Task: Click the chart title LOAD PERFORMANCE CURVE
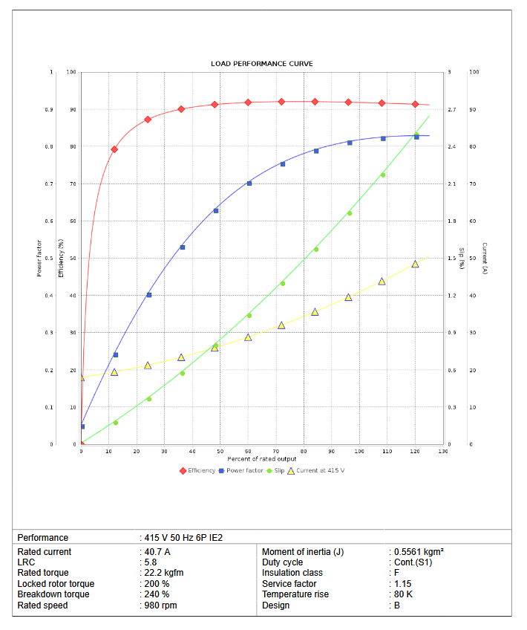pyautogui.click(x=261, y=64)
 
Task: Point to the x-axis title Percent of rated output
pyautogui.click(x=261, y=458)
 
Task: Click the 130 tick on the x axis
pyautogui.click(x=443, y=451)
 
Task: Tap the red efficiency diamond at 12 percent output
pyautogui.click(x=114, y=149)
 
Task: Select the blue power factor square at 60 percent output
pyautogui.click(x=249, y=184)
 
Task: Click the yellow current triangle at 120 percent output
pyautogui.click(x=416, y=264)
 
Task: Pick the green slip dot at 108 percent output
pyautogui.click(x=383, y=175)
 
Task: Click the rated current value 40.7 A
pyautogui.click(x=157, y=552)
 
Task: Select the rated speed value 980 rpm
pyautogui.click(x=161, y=605)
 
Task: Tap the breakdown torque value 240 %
pyautogui.click(x=157, y=594)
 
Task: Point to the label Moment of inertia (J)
pyautogui.click(x=303, y=552)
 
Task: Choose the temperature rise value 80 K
pyautogui.click(x=402, y=594)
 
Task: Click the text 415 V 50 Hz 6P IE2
pyautogui.click(x=183, y=537)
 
